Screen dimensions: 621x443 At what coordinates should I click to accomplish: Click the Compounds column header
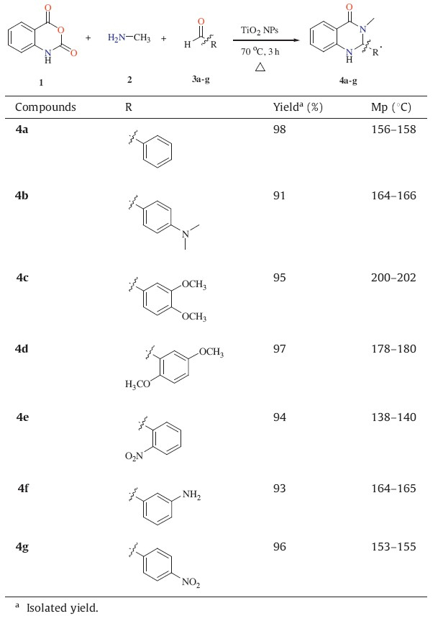[45, 107]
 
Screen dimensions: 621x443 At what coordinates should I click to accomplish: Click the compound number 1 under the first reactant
[41, 82]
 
